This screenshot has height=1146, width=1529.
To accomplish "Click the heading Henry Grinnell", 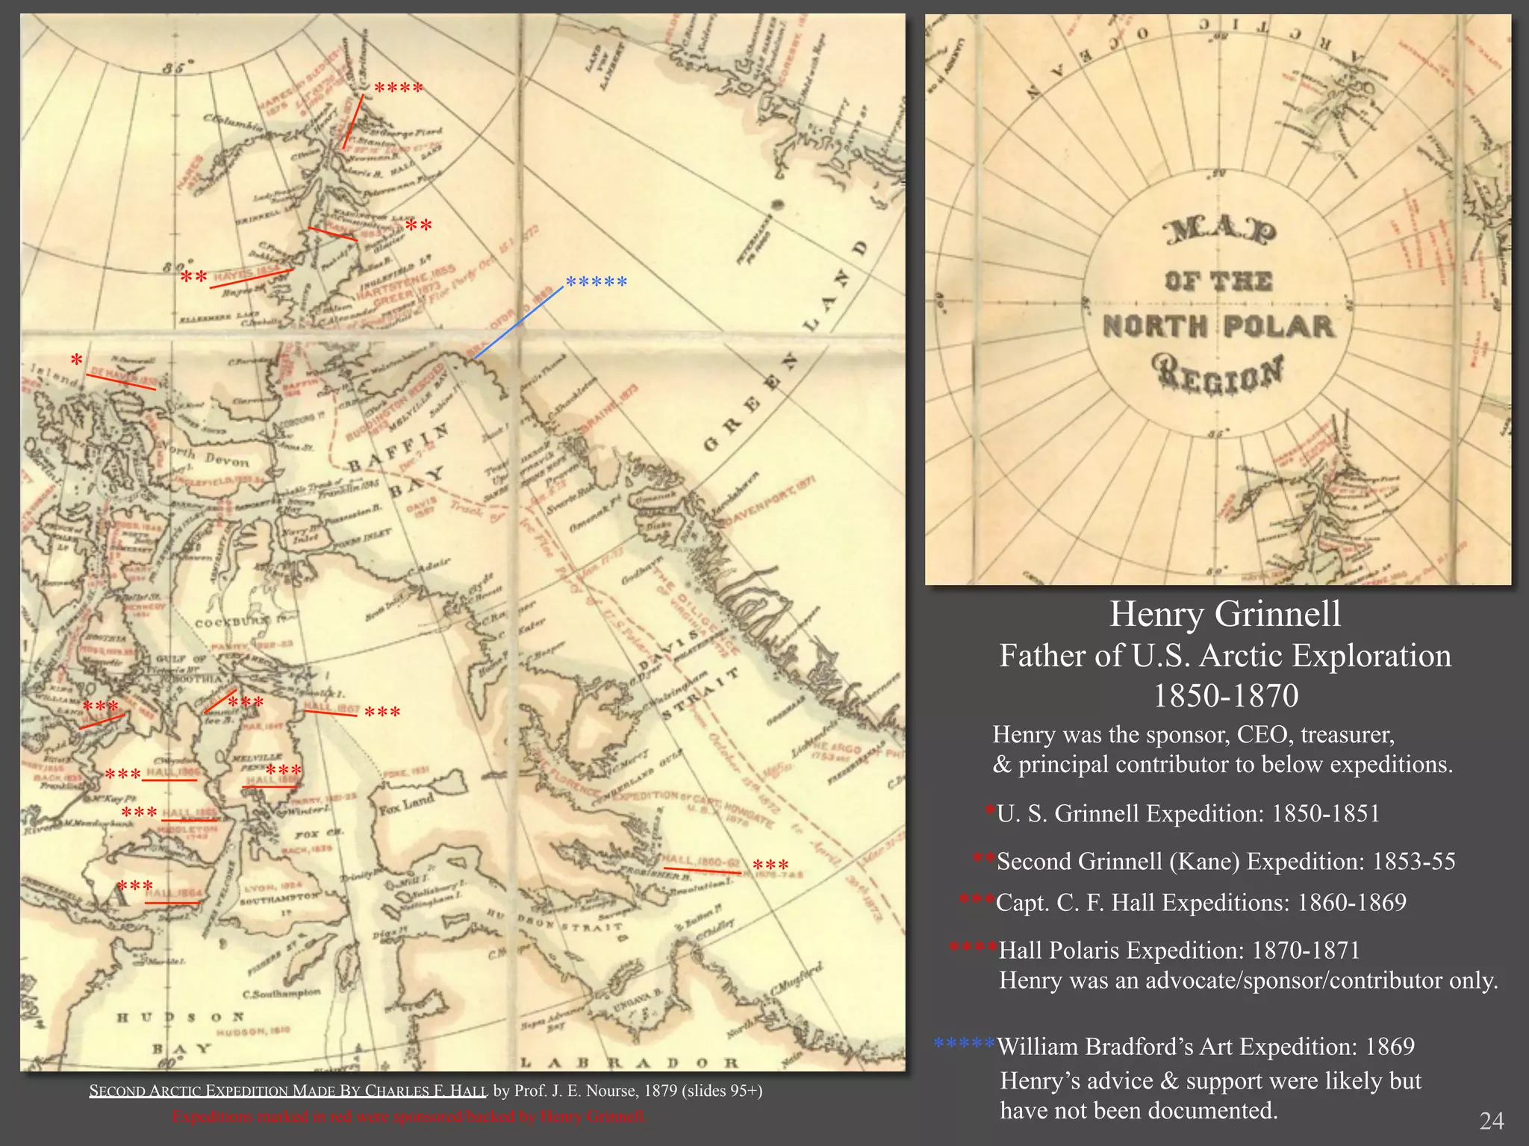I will coord(1224,614).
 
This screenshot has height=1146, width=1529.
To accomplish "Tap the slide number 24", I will coord(1492,1121).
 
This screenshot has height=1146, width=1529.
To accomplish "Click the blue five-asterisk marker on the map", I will coord(596,283).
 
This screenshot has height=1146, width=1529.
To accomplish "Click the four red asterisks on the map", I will coord(398,89).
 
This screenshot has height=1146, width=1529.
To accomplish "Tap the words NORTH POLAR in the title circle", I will coord(1218,327).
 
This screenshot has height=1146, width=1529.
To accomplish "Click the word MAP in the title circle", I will coord(1219,232).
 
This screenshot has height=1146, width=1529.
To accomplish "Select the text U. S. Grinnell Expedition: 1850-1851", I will coord(1188,813).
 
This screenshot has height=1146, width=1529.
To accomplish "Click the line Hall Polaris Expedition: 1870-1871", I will coord(1179,951).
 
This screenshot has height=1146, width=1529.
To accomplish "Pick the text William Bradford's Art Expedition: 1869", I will coord(1205,1047).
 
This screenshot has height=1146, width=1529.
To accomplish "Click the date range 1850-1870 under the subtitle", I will coord(1225,696).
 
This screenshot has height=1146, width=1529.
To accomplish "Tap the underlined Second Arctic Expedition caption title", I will coord(287,1091).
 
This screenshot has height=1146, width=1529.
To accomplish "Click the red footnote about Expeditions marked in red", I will coord(408,1117).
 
